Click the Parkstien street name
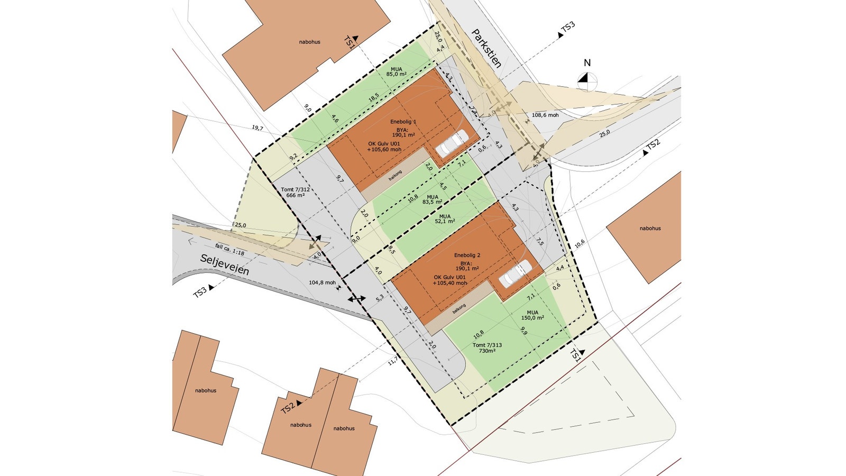(x=486, y=48)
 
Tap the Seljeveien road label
(x=224, y=264)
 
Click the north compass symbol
(x=587, y=81)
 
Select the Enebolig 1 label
(x=403, y=122)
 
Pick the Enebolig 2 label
(x=467, y=255)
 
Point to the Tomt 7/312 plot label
(x=295, y=192)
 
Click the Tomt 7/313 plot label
(x=487, y=347)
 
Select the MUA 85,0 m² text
(x=396, y=71)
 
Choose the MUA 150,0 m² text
(x=532, y=315)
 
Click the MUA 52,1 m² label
(x=445, y=218)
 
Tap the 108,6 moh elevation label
(x=545, y=115)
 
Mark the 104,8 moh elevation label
(x=322, y=282)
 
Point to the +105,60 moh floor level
(x=384, y=150)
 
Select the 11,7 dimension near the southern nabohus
(x=393, y=362)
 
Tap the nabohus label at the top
(x=309, y=42)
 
